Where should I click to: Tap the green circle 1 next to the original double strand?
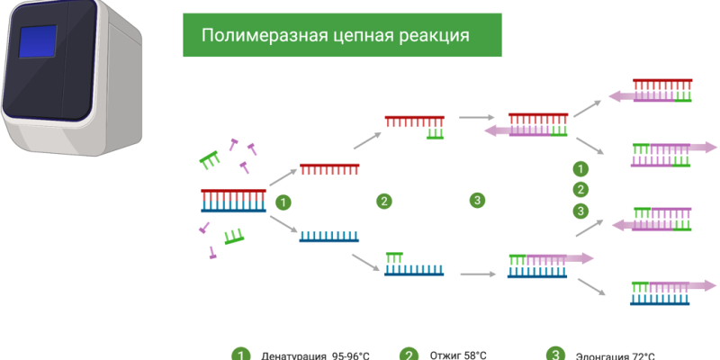click(283, 202)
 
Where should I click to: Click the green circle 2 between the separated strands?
click(384, 202)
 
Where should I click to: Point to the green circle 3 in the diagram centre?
click(477, 200)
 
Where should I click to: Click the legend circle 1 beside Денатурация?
click(239, 355)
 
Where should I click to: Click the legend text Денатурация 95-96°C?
click(314, 355)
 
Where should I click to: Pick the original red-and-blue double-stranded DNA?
click(233, 200)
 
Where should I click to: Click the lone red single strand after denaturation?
click(329, 168)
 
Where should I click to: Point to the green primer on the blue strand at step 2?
click(393, 256)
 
